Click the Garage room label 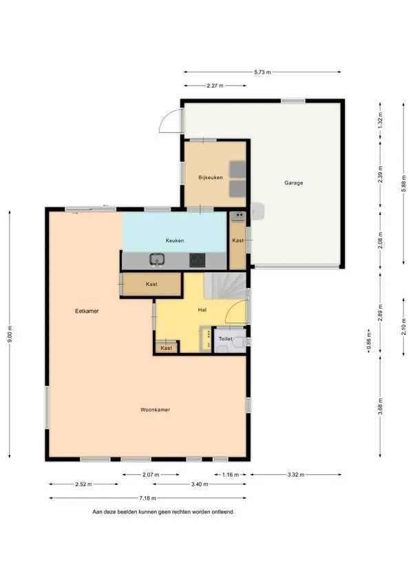point(294,183)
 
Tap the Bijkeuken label point(211,178)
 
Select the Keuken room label point(175,240)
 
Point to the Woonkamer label point(155,410)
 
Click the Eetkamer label point(87,311)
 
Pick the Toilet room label point(225,339)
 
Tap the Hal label point(202,309)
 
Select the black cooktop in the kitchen point(197,260)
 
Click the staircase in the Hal point(225,285)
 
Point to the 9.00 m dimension point(10,333)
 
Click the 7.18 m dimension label point(147,497)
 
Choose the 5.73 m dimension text point(262,72)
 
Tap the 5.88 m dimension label point(403,183)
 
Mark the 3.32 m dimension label point(296,475)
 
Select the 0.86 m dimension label point(369,340)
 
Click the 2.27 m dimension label point(215,85)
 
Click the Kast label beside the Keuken point(237,240)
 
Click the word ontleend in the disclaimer point(223,512)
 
